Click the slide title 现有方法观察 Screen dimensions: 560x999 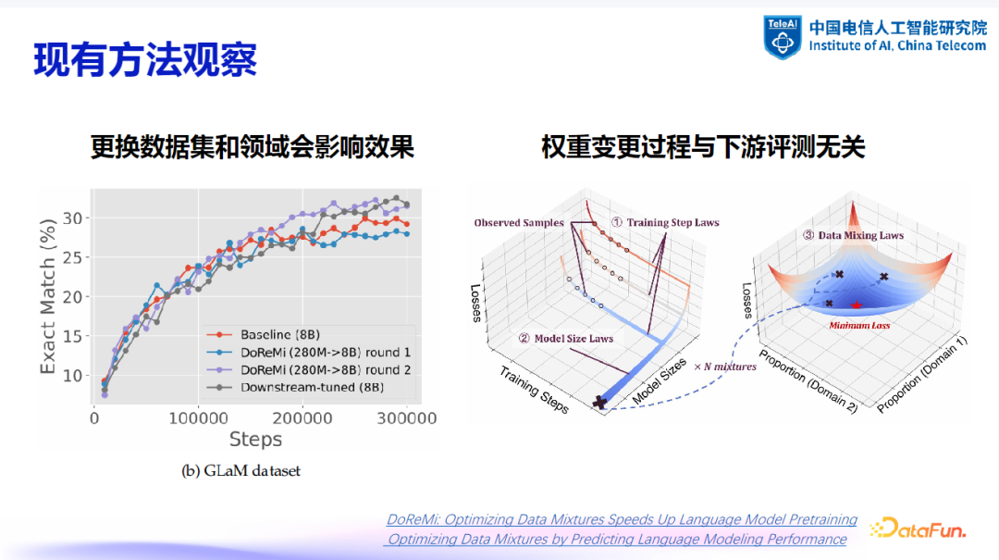145,59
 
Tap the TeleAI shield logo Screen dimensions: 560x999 782,37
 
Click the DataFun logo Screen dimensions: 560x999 919,529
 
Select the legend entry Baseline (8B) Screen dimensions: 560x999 278,334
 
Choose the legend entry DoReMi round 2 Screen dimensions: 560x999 325,369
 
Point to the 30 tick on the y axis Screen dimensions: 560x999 75,218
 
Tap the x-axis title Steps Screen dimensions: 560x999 255,439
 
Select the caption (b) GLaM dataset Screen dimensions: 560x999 240,471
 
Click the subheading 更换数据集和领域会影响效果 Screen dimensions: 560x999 252,147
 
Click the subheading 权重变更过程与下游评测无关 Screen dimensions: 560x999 703,147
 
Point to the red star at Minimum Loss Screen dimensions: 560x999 856,306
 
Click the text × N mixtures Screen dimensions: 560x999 725,367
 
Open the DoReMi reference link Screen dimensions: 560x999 622,519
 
